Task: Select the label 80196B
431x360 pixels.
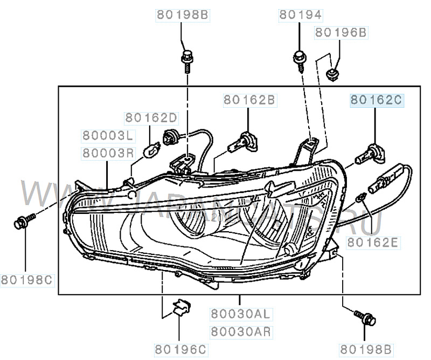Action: tap(340, 32)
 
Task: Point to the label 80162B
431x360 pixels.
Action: tap(249, 99)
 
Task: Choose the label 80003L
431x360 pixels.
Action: tap(107, 135)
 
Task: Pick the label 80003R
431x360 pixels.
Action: tap(107, 153)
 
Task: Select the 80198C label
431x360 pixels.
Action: tap(26, 279)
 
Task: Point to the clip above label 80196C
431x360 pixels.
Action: tap(181, 307)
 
